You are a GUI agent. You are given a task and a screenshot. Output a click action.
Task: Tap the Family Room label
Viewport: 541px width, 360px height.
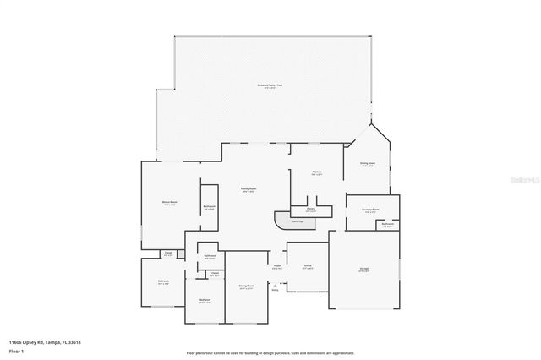[x=249, y=189]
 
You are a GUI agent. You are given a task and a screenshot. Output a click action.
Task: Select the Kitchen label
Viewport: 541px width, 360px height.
[x=316, y=172]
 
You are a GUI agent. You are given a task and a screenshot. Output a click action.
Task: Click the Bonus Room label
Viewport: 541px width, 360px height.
[x=169, y=203]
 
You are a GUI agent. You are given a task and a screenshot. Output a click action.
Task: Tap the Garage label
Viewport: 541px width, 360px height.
[x=363, y=270]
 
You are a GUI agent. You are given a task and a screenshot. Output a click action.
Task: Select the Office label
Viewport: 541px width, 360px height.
[x=308, y=267]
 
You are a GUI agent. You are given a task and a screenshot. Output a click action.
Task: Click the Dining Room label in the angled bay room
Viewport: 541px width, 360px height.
[x=368, y=165]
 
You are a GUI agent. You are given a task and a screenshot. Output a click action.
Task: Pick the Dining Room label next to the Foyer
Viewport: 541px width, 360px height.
[x=246, y=287]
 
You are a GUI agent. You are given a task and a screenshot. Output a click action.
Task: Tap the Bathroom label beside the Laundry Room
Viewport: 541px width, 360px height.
[x=387, y=225]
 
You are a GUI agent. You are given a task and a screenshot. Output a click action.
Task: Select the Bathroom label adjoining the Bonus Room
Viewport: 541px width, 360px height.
[x=210, y=207]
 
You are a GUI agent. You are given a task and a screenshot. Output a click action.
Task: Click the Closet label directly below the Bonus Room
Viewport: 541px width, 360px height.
[x=168, y=252]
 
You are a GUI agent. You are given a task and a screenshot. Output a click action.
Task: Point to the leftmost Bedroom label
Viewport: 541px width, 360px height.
[x=163, y=282]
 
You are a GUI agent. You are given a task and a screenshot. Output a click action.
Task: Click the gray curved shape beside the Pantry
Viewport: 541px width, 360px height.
[x=285, y=221]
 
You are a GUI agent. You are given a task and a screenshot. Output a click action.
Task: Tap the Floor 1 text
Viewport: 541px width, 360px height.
[x=15, y=348]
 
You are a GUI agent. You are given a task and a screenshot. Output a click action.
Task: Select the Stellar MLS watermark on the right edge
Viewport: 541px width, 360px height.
[x=525, y=179]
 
